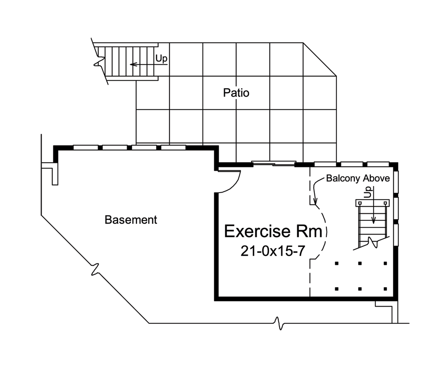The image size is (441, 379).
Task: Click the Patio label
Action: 236,93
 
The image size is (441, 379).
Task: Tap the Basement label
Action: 131,220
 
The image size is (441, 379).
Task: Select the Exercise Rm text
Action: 276,231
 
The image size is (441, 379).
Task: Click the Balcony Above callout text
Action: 358,178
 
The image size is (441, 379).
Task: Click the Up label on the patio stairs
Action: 161,58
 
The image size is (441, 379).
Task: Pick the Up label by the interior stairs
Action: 367,192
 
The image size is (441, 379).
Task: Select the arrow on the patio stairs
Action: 141,64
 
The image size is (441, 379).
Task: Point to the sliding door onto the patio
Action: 273,163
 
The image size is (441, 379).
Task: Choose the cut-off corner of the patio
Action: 320,59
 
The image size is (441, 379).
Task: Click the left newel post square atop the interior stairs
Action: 360,203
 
